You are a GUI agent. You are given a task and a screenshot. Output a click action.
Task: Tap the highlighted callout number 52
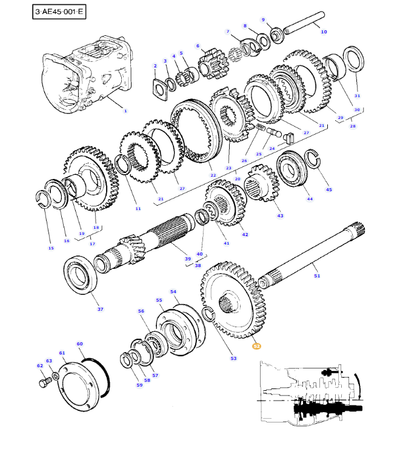pyautogui.click(x=256, y=346)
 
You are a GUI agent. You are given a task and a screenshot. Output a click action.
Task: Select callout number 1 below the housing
pyautogui.click(x=125, y=111)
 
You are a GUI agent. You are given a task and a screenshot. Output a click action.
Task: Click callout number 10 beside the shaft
pyautogui.click(x=323, y=32)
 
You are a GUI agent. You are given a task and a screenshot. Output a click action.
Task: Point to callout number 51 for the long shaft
pyautogui.click(x=316, y=276)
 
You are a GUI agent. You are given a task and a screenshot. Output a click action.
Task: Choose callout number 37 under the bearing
pyautogui.click(x=100, y=309)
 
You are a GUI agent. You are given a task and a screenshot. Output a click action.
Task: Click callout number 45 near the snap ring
pyautogui.click(x=328, y=189)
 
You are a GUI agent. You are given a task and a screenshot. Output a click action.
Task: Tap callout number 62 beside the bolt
pyautogui.click(x=40, y=365)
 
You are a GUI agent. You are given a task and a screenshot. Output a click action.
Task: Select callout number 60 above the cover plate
pyautogui.click(x=79, y=344)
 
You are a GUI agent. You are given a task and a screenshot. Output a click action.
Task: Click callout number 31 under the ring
pyautogui.click(x=357, y=96)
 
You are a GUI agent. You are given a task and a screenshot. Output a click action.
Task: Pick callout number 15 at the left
pyautogui.click(x=51, y=248)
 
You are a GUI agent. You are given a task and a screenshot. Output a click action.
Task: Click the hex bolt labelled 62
pyautogui.click(x=44, y=384)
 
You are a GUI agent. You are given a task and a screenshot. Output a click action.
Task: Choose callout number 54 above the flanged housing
pyautogui.click(x=173, y=292)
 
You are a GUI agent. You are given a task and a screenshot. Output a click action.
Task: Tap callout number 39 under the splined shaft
pyautogui.click(x=187, y=259)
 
